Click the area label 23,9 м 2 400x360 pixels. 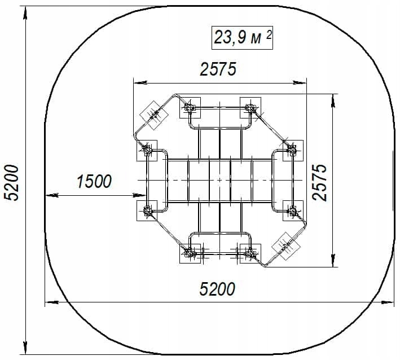tap(243, 37)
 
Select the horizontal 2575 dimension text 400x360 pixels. tap(218, 69)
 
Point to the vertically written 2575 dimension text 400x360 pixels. tap(319, 182)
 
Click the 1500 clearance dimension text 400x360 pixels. tap(94, 181)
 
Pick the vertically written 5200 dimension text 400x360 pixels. tap(11, 183)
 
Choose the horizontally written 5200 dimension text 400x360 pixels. tap(217, 289)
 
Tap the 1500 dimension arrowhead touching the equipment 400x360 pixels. tap(139, 195)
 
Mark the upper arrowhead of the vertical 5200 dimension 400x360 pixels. tap(25, 13)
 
